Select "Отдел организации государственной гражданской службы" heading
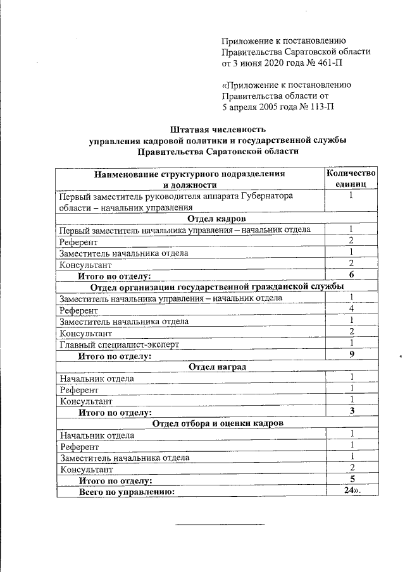point(217,286)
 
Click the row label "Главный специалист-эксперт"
point(120,344)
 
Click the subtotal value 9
point(351,355)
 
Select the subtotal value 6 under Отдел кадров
point(351,275)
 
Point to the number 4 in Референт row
point(351,310)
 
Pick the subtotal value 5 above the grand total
point(351,479)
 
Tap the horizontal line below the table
point(219,525)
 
